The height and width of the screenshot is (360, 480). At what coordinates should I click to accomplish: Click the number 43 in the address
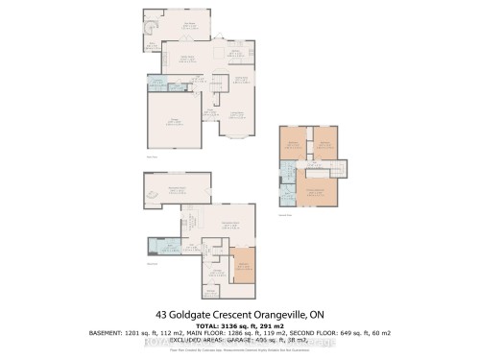tap(160, 313)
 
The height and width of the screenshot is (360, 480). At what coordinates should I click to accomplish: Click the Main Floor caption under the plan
tap(151, 156)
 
